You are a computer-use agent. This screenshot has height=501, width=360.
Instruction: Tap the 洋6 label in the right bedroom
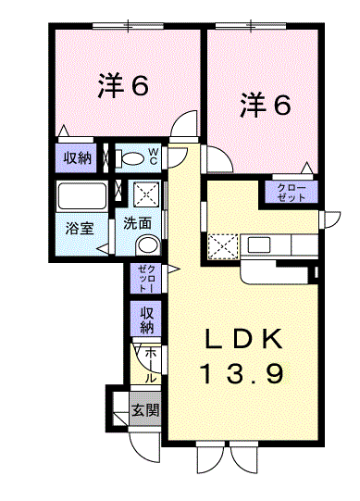tap(267, 104)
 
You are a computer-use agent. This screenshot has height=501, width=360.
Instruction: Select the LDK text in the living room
tap(243, 340)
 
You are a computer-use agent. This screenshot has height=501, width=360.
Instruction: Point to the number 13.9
tap(243, 374)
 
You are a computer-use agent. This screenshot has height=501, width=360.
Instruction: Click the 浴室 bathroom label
tap(78, 228)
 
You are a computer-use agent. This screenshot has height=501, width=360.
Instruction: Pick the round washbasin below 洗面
tap(146, 245)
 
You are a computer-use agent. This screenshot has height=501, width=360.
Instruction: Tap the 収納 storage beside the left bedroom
tap(78, 157)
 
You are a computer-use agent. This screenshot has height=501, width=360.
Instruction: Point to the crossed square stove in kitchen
tap(223, 246)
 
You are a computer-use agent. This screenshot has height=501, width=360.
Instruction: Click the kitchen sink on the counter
tap(258, 245)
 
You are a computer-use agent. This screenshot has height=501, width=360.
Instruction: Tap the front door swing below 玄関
tap(146, 446)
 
